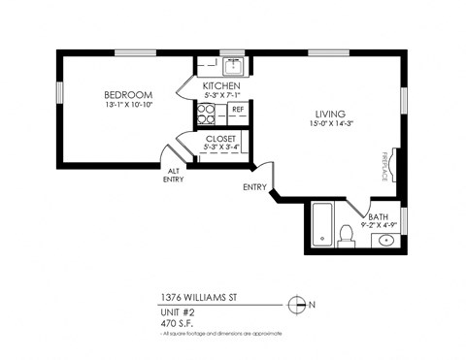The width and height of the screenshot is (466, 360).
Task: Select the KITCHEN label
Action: click(x=221, y=86)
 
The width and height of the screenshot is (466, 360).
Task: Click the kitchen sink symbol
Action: click(x=233, y=66)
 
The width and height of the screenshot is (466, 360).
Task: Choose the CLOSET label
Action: click(x=221, y=139)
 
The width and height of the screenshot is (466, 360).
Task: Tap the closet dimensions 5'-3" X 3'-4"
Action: click(x=221, y=148)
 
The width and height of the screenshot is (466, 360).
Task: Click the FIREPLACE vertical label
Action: click(x=384, y=166)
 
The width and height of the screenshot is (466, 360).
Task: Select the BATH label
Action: click(x=376, y=215)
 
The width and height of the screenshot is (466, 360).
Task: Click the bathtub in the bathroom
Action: click(x=322, y=225)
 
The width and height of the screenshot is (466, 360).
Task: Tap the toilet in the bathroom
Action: click(x=346, y=235)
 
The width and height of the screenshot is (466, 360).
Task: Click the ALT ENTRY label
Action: click(x=173, y=175)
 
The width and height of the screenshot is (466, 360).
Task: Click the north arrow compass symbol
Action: click(x=297, y=303)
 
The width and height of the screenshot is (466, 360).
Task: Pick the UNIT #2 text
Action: click(x=176, y=312)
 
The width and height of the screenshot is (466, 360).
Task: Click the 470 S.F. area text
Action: click(x=176, y=323)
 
